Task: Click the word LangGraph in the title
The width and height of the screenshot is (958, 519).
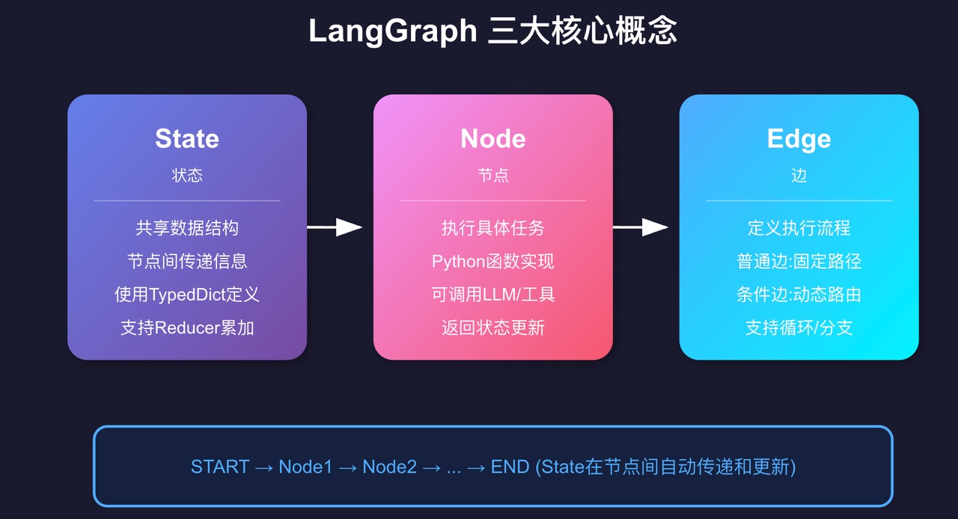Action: [392, 32]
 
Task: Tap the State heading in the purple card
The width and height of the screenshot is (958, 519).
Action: [187, 138]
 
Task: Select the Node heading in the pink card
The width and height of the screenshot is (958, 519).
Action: [493, 138]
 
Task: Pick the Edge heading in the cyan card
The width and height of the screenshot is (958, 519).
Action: [799, 138]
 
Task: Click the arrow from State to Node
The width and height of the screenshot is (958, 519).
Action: [335, 227]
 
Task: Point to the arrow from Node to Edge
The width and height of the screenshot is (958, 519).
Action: [641, 227]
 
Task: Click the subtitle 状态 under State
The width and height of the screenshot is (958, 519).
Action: [187, 175]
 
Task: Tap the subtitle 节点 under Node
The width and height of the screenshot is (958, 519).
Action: [493, 175]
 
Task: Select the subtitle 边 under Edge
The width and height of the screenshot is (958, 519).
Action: [799, 175]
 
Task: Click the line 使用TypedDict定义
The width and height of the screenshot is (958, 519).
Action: [187, 294]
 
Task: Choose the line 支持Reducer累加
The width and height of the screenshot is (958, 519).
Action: [187, 328]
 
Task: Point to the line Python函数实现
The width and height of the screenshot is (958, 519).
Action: [493, 261]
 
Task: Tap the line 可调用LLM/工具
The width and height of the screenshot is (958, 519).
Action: [493, 294]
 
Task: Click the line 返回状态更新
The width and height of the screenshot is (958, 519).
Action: [493, 328]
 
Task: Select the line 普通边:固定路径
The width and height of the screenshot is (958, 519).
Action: [799, 261]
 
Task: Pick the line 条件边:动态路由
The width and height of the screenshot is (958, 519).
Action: [799, 294]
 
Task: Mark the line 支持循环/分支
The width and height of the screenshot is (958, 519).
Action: [799, 328]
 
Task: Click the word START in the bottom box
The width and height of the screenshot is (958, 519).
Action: [220, 467]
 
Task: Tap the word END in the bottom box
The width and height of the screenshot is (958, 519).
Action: [510, 467]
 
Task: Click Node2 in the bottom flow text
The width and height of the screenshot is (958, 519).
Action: [389, 467]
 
